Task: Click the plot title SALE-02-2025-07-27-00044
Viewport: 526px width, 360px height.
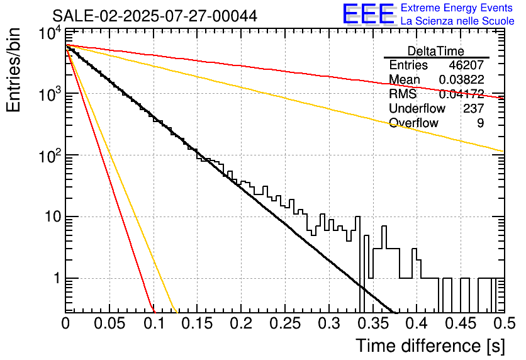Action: (154, 16)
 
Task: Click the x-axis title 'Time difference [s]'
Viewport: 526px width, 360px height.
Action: (430, 346)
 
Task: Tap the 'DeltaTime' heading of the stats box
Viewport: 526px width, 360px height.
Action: (435, 51)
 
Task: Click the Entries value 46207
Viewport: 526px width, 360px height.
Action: (466, 65)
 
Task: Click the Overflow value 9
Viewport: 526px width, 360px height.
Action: (480, 123)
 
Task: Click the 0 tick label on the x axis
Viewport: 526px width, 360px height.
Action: (65, 324)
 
